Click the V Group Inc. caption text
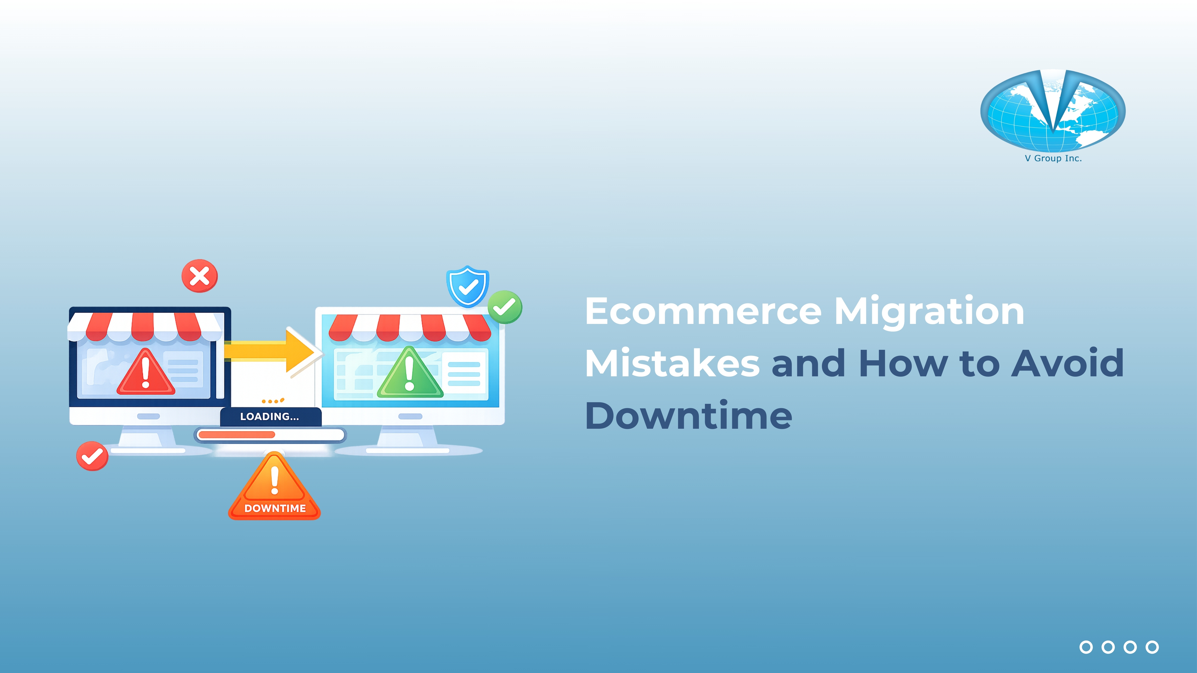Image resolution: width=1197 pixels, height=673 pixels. [x=1053, y=158]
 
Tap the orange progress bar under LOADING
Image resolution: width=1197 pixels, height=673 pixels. [x=237, y=435]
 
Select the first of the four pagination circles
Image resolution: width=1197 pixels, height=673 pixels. [x=1086, y=647]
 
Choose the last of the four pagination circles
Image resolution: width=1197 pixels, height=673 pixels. [x=1152, y=647]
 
